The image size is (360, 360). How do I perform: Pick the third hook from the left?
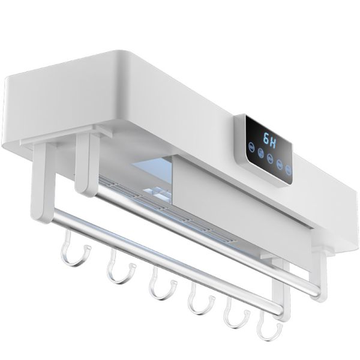pyautogui.click(x=159, y=285)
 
